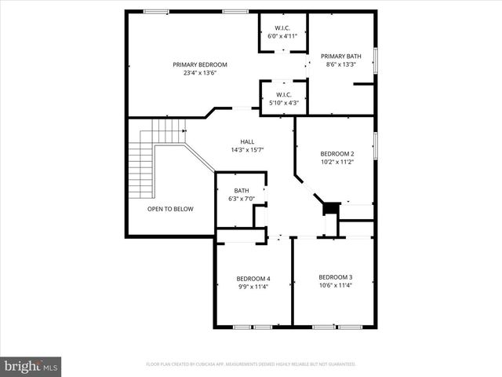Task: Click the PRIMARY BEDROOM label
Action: pyautogui.click(x=200, y=64)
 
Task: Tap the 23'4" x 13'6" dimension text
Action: pyautogui.click(x=200, y=73)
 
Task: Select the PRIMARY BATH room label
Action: pyautogui.click(x=340, y=56)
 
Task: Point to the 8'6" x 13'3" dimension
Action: pyautogui.click(x=340, y=64)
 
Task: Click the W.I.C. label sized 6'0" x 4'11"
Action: pyautogui.click(x=283, y=27)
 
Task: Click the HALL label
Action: pyautogui.click(x=236, y=141)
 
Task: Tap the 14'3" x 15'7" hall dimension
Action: pyautogui.click(x=236, y=150)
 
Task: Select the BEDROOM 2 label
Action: pyautogui.click(x=337, y=153)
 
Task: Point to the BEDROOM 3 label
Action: pyautogui.click(x=335, y=276)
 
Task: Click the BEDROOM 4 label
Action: pyautogui.click(x=253, y=278)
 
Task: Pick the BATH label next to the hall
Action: pyautogui.click(x=242, y=190)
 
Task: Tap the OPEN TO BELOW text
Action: pyautogui.click(x=170, y=209)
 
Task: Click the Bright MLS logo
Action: pyautogui.click(x=31, y=365)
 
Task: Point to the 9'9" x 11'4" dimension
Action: pyautogui.click(x=253, y=287)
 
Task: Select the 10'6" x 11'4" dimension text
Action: pyautogui.click(x=335, y=285)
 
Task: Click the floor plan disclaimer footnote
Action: pyautogui.click(x=251, y=364)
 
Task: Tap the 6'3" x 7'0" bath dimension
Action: pyautogui.click(x=242, y=199)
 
